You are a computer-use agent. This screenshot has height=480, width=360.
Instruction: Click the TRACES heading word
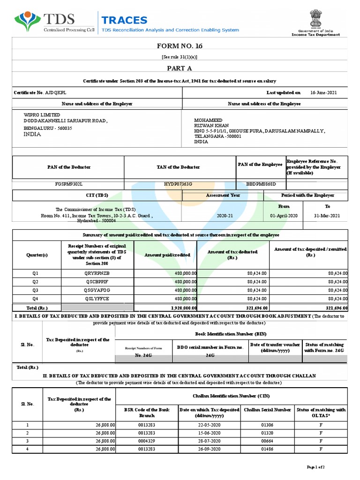(x=124, y=20)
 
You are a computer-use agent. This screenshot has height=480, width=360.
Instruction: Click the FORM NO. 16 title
(x=180, y=46)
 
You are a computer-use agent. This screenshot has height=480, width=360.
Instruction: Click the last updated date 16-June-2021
(x=323, y=93)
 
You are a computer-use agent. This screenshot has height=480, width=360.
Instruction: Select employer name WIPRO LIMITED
(x=42, y=115)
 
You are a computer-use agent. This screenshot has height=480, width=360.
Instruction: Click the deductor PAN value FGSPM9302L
(x=68, y=184)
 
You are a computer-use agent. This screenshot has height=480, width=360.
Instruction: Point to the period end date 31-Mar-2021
(x=327, y=216)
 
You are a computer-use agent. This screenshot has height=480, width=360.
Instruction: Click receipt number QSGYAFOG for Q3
(x=97, y=290)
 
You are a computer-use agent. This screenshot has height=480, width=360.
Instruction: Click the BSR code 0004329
(x=147, y=441)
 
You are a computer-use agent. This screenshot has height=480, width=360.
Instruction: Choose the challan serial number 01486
(x=266, y=450)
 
